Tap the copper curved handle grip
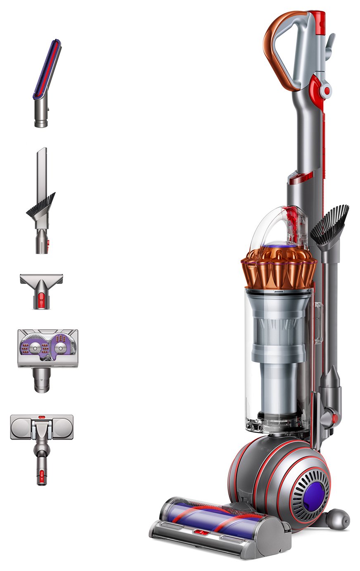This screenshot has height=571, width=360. tap(273, 50)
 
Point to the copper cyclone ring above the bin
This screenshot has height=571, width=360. tap(279, 268)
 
